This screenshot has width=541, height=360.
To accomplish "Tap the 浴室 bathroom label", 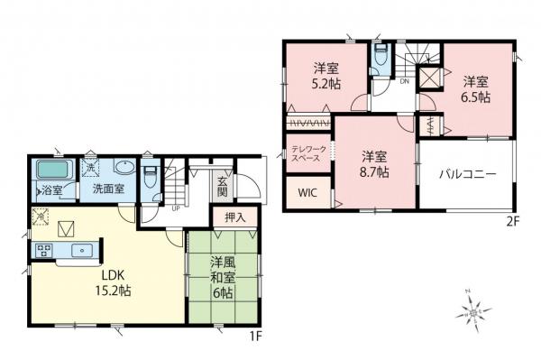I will (50, 190).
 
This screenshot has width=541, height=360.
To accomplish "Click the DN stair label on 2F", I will (405, 82).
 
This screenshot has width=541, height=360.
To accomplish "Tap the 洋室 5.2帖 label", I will (326, 75).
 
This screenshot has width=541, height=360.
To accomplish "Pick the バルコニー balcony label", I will (468, 173).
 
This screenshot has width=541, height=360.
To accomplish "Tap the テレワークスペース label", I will (309, 153).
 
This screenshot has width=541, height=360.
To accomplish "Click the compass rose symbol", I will (473, 312).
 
